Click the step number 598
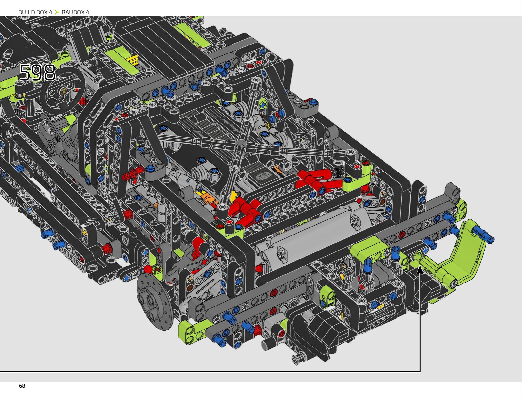pyautogui.click(x=38, y=72)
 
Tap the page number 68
pyautogui.click(x=22, y=386)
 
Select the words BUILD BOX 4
pyautogui.click(x=35, y=12)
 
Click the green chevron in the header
pyautogui.click(x=57, y=12)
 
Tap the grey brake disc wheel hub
pyautogui.click(x=155, y=301)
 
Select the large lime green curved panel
pyautogui.click(x=461, y=257)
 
